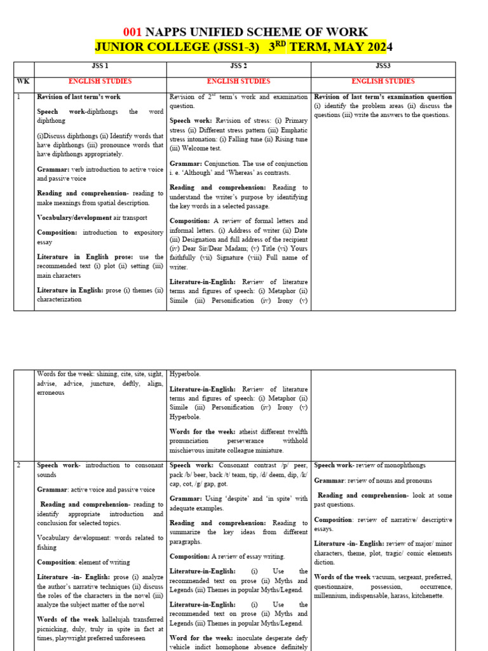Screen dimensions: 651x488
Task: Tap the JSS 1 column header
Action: pyautogui.click(x=100, y=66)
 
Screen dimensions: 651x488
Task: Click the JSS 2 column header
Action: pyautogui.click(x=238, y=66)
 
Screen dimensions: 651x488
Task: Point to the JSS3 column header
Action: pyautogui.click(x=383, y=66)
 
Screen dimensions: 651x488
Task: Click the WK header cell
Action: pyautogui.click(x=24, y=81)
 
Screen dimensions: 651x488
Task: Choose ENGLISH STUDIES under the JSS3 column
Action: pyautogui.click(x=383, y=81)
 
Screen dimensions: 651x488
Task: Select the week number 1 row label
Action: pyautogui.click(x=19, y=97)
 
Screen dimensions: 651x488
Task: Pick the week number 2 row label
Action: pyautogui.click(x=19, y=466)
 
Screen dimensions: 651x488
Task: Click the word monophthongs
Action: pyautogui.click(x=403, y=466)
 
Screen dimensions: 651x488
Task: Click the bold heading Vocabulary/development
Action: pyautogui.click(x=73, y=217)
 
